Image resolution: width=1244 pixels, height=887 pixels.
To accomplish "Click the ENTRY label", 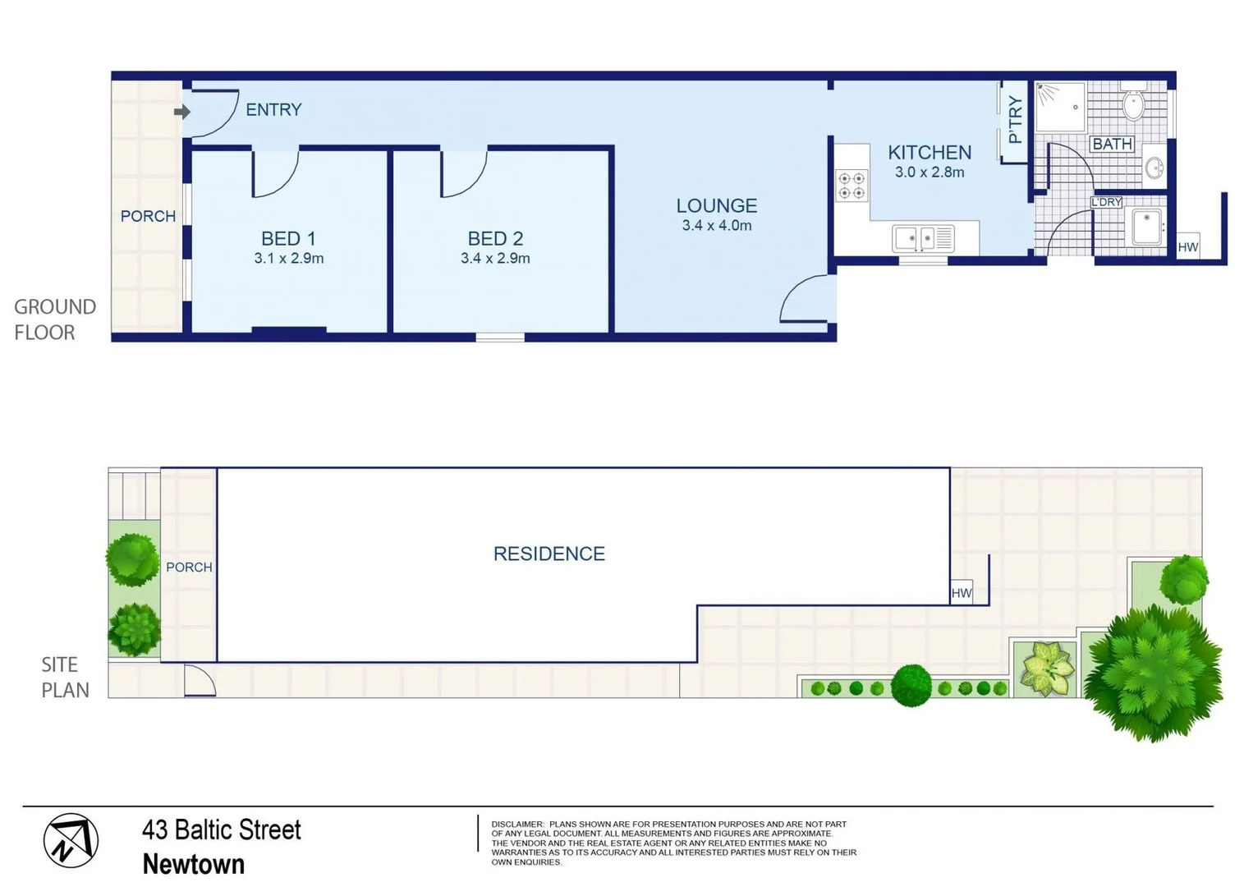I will (x=273, y=109).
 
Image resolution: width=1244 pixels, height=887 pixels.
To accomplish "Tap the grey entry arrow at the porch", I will (x=181, y=111).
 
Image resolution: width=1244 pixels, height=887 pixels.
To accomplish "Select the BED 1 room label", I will (x=288, y=238).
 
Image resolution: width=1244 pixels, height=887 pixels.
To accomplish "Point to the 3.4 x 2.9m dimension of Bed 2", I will (x=495, y=259).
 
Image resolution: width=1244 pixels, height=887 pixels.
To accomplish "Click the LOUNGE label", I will (x=716, y=205).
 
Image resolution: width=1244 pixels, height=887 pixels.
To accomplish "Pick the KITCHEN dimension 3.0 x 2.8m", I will (x=930, y=172).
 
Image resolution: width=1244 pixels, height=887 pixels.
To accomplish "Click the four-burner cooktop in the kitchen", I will (x=852, y=186).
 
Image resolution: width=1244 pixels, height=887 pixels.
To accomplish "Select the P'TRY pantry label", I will (x=1016, y=120).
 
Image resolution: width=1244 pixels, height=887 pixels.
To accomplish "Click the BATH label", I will (x=1112, y=144).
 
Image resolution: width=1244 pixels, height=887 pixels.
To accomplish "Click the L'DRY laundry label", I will (x=1106, y=202).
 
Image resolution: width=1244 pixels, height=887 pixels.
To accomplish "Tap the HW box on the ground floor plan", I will (x=1187, y=247).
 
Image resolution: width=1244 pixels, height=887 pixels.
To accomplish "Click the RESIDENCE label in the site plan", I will (x=549, y=554).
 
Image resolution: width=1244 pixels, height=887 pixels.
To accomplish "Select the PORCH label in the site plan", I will (x=189, y=568).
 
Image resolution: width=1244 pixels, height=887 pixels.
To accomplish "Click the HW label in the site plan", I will (x=962, y=593).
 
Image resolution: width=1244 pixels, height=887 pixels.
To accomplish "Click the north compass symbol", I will (x=71, y=841).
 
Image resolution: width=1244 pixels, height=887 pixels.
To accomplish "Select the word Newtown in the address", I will (x=194, y=864).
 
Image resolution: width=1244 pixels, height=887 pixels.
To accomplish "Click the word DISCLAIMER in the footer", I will (x=517, y=824).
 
